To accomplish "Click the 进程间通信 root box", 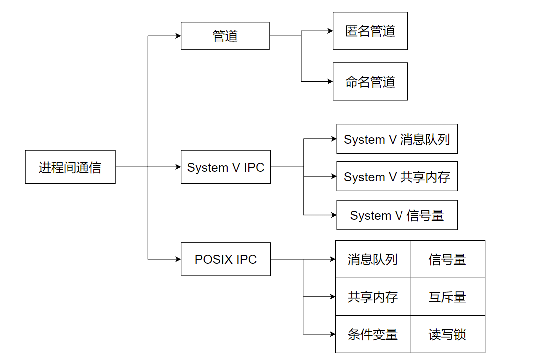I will (x=70, y=167).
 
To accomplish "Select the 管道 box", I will (x=225, y=36).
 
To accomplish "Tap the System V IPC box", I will (x=226, y=167).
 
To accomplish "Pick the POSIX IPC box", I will (x=226, y=259).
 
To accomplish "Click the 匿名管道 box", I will (x=370, y=31).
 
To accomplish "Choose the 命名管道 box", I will (x=370, y=81).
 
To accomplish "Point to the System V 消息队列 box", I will (x=397, y=139).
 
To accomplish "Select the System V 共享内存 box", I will (x=397, y=176).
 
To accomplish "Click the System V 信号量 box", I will (x=397, y=215).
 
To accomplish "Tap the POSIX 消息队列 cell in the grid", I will (x=373, y=259).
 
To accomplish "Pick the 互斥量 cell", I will (x=447, y=297).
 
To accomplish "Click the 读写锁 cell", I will (x=447, y=334).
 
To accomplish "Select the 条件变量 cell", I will (x=373, y=334).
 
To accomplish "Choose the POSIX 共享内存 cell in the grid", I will (x=373, y=297).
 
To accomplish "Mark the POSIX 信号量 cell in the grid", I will (x=447, y=259).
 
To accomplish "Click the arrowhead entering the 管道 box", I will (x=178, y=36).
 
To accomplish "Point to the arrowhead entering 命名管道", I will (x=330, y=81).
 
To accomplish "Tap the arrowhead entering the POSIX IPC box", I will (x=178, y=259).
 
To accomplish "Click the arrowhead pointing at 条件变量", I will (x=332, y=334).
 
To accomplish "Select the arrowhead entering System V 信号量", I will (x=334, y=215).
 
